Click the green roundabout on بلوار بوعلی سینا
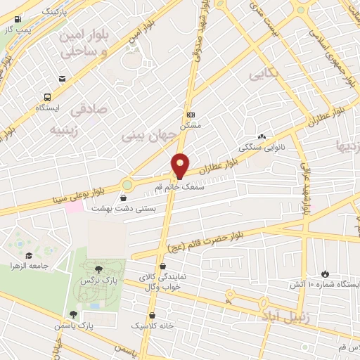127,186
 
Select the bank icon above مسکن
191,115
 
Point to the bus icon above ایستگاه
47,98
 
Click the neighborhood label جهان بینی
148,132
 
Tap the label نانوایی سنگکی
262,148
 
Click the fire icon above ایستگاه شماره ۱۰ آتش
324,274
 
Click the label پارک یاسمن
75,326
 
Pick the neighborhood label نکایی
264,72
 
